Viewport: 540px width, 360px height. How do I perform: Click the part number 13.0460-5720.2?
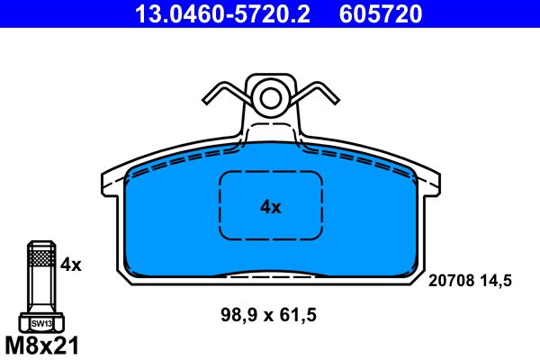pos(222,13)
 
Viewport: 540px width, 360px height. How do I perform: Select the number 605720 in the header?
pos(381,13)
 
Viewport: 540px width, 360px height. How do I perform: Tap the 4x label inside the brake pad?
pos(271,207)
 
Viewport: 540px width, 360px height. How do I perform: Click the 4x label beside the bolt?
pos(71,265)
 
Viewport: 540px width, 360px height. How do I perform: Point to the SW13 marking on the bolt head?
pos(41,323)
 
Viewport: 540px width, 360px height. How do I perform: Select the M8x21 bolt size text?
pos(42,346)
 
